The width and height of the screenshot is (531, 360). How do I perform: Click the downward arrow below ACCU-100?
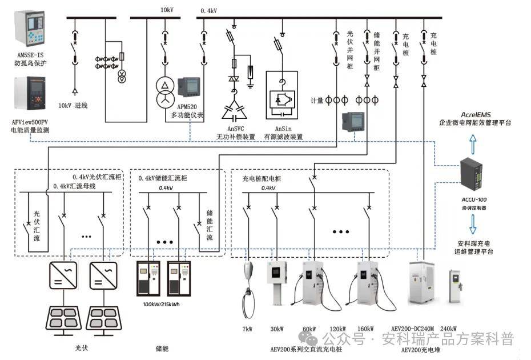click(474, 228)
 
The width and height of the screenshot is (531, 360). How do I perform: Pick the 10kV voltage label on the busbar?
click(166, 10)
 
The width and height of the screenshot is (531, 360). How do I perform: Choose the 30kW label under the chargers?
click(277, 329)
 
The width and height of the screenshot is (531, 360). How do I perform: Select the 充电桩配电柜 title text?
click(262, 178)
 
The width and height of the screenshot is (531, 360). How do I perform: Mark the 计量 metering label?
click(317, 101)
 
